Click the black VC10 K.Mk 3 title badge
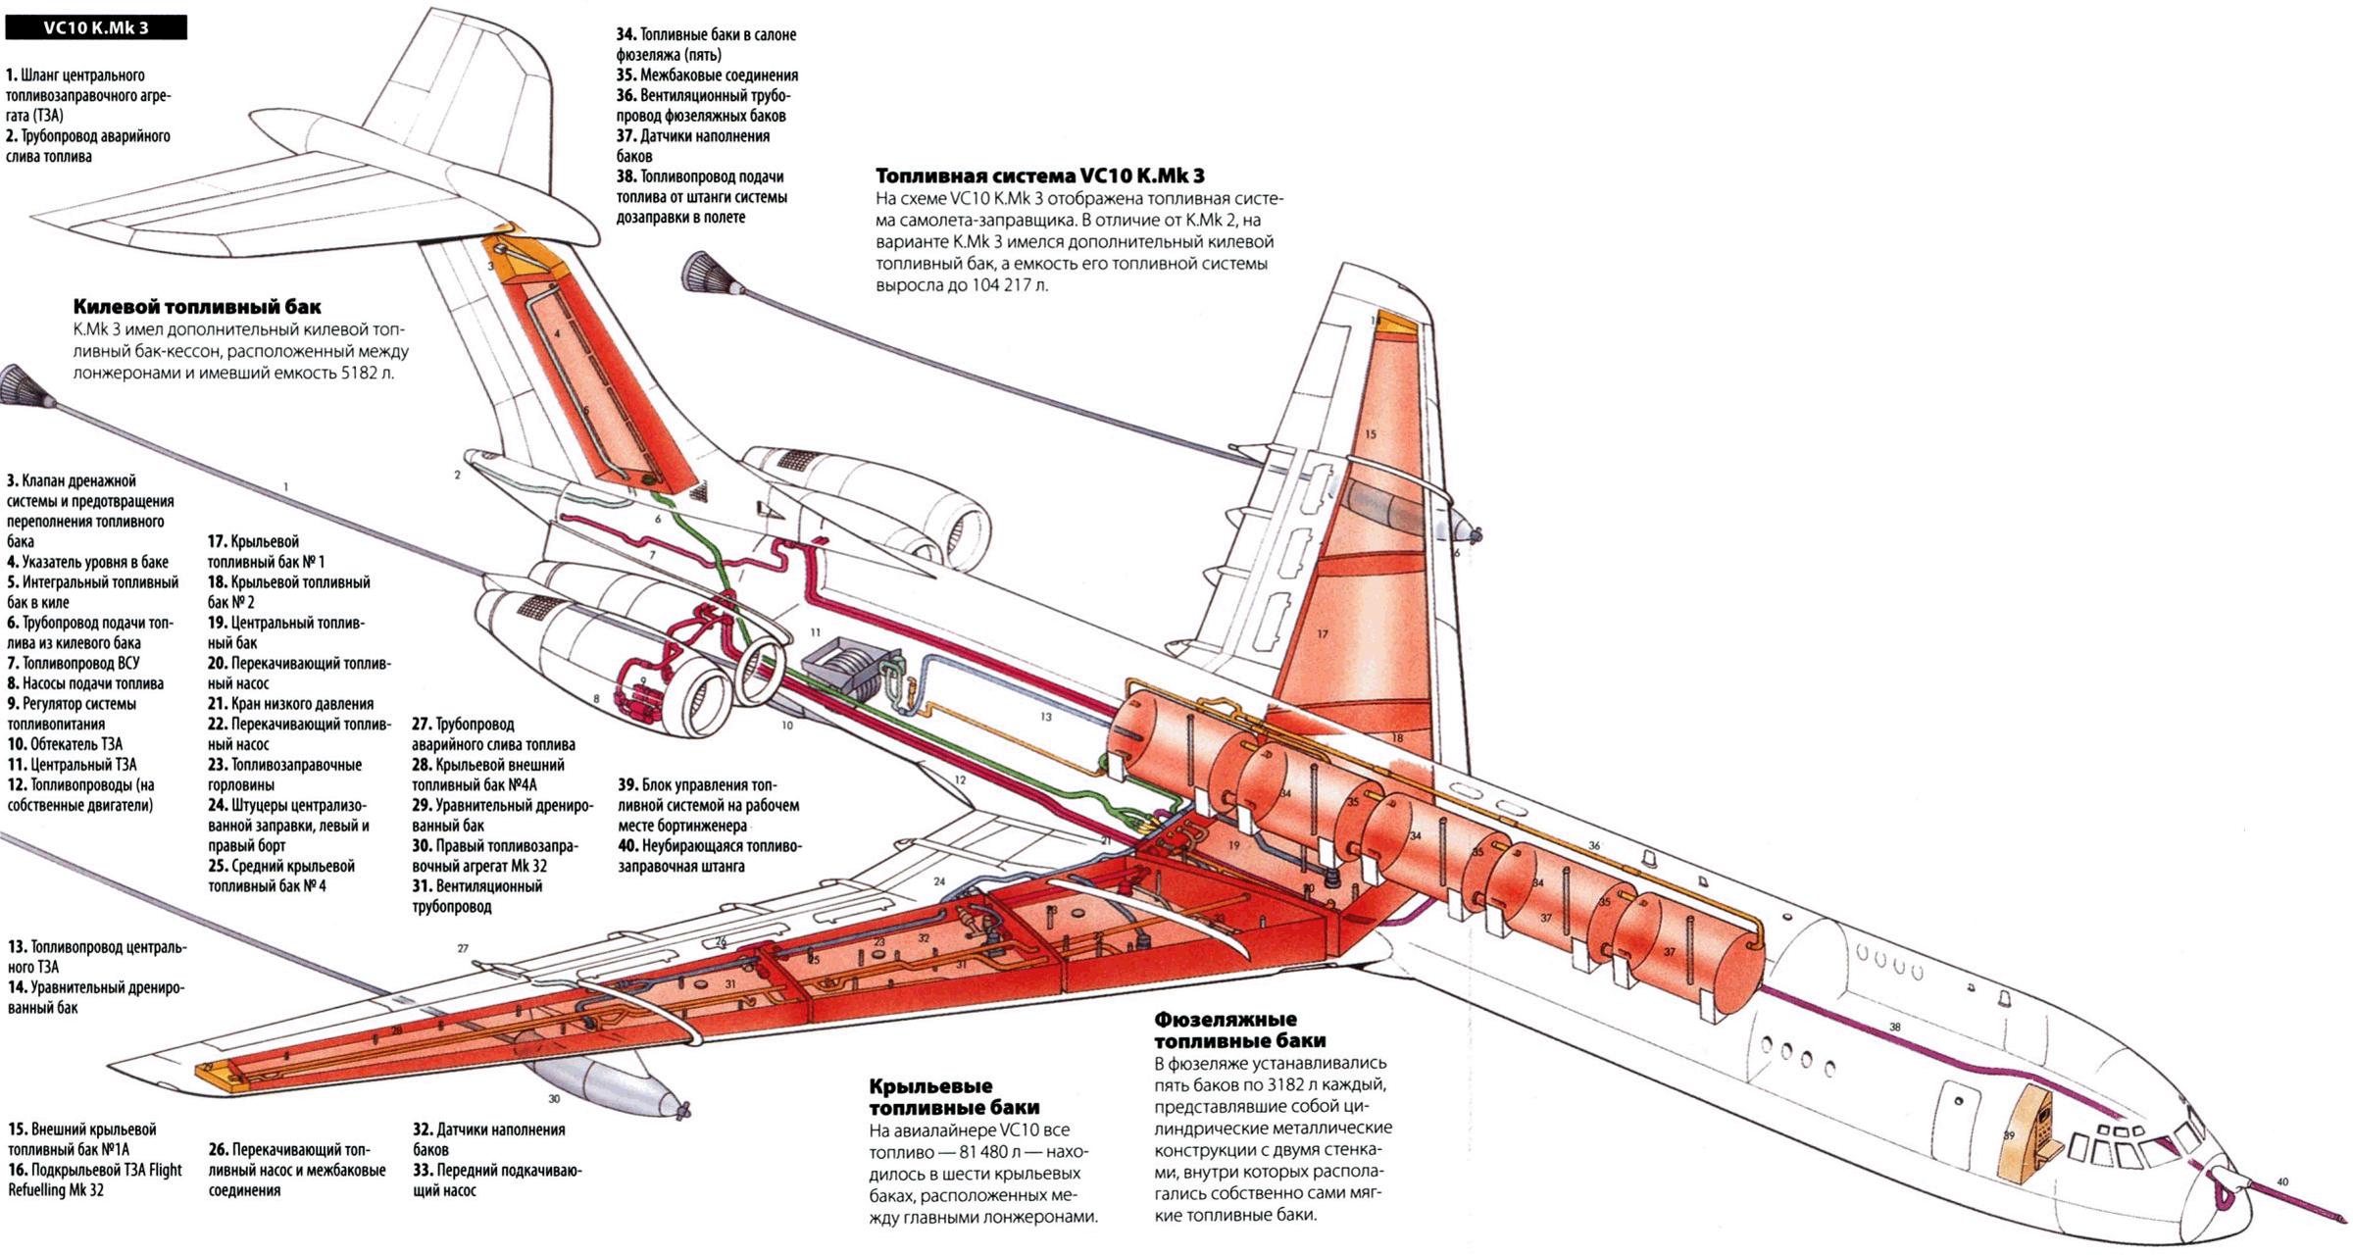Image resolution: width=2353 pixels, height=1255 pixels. tap(95, 27)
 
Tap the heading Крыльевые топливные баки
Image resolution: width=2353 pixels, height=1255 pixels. tap(930, 1097)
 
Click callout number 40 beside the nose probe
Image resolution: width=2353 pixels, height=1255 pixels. tap(2281, 1182)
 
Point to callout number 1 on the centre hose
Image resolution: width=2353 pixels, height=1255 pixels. tap(285, 486)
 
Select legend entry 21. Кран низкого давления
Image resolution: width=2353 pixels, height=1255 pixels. tap(290, 704)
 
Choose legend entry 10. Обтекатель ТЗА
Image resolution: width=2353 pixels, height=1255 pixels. tap(65, 744)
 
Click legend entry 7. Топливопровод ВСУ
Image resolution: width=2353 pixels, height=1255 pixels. tap(73, 663)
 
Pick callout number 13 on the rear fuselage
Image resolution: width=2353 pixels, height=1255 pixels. tap(1045, 717)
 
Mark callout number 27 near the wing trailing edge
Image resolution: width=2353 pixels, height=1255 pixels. tap(463, 948)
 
